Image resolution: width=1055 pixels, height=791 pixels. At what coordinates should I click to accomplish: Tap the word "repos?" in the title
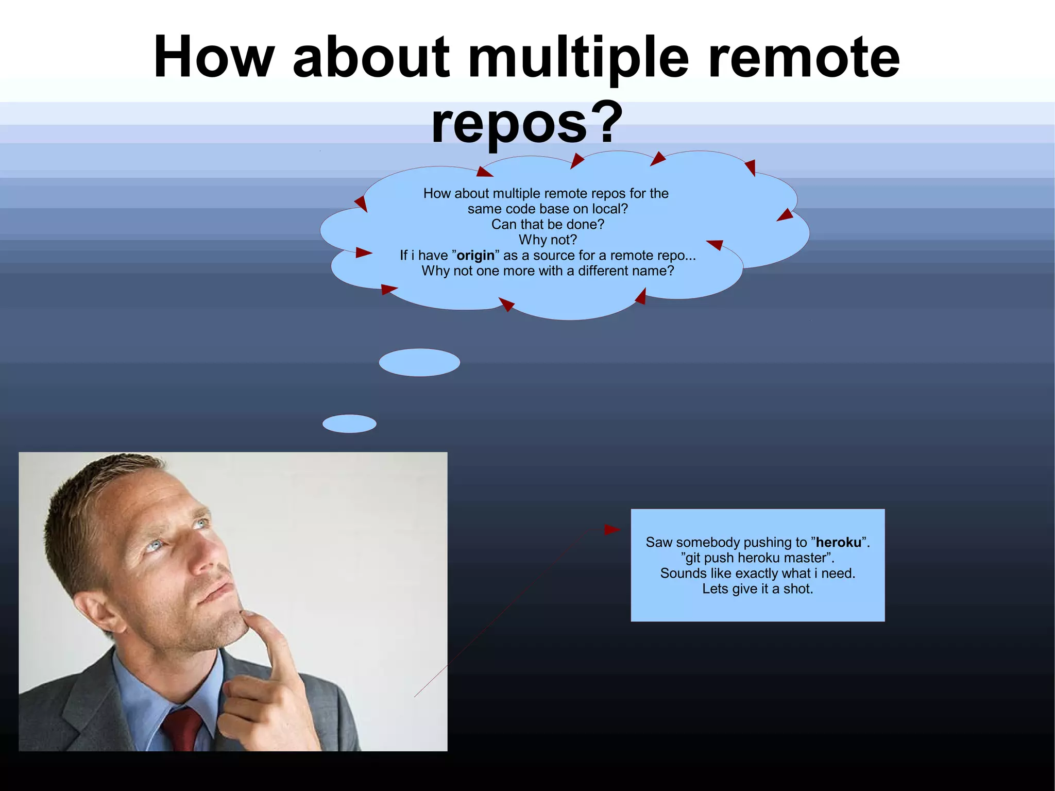tap(527, 123)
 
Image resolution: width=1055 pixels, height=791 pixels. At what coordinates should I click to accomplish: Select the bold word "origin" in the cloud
tap(475, 256)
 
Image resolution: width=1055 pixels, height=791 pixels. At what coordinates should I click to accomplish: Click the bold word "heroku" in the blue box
tap(838, 543)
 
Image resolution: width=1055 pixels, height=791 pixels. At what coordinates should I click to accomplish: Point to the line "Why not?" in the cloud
tap(548, 240)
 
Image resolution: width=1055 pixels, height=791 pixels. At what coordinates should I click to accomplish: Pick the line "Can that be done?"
tap(548, 225)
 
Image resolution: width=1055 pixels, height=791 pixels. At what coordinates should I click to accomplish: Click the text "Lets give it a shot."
tap(757, 589)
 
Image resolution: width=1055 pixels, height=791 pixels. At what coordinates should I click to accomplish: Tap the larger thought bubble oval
tap(419, 362)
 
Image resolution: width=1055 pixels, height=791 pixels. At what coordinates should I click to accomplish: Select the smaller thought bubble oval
tap(349, 424)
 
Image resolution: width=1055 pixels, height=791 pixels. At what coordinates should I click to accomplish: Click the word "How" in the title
tap(214, 58)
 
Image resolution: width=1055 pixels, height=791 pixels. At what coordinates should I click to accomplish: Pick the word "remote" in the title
tap(804, 58)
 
